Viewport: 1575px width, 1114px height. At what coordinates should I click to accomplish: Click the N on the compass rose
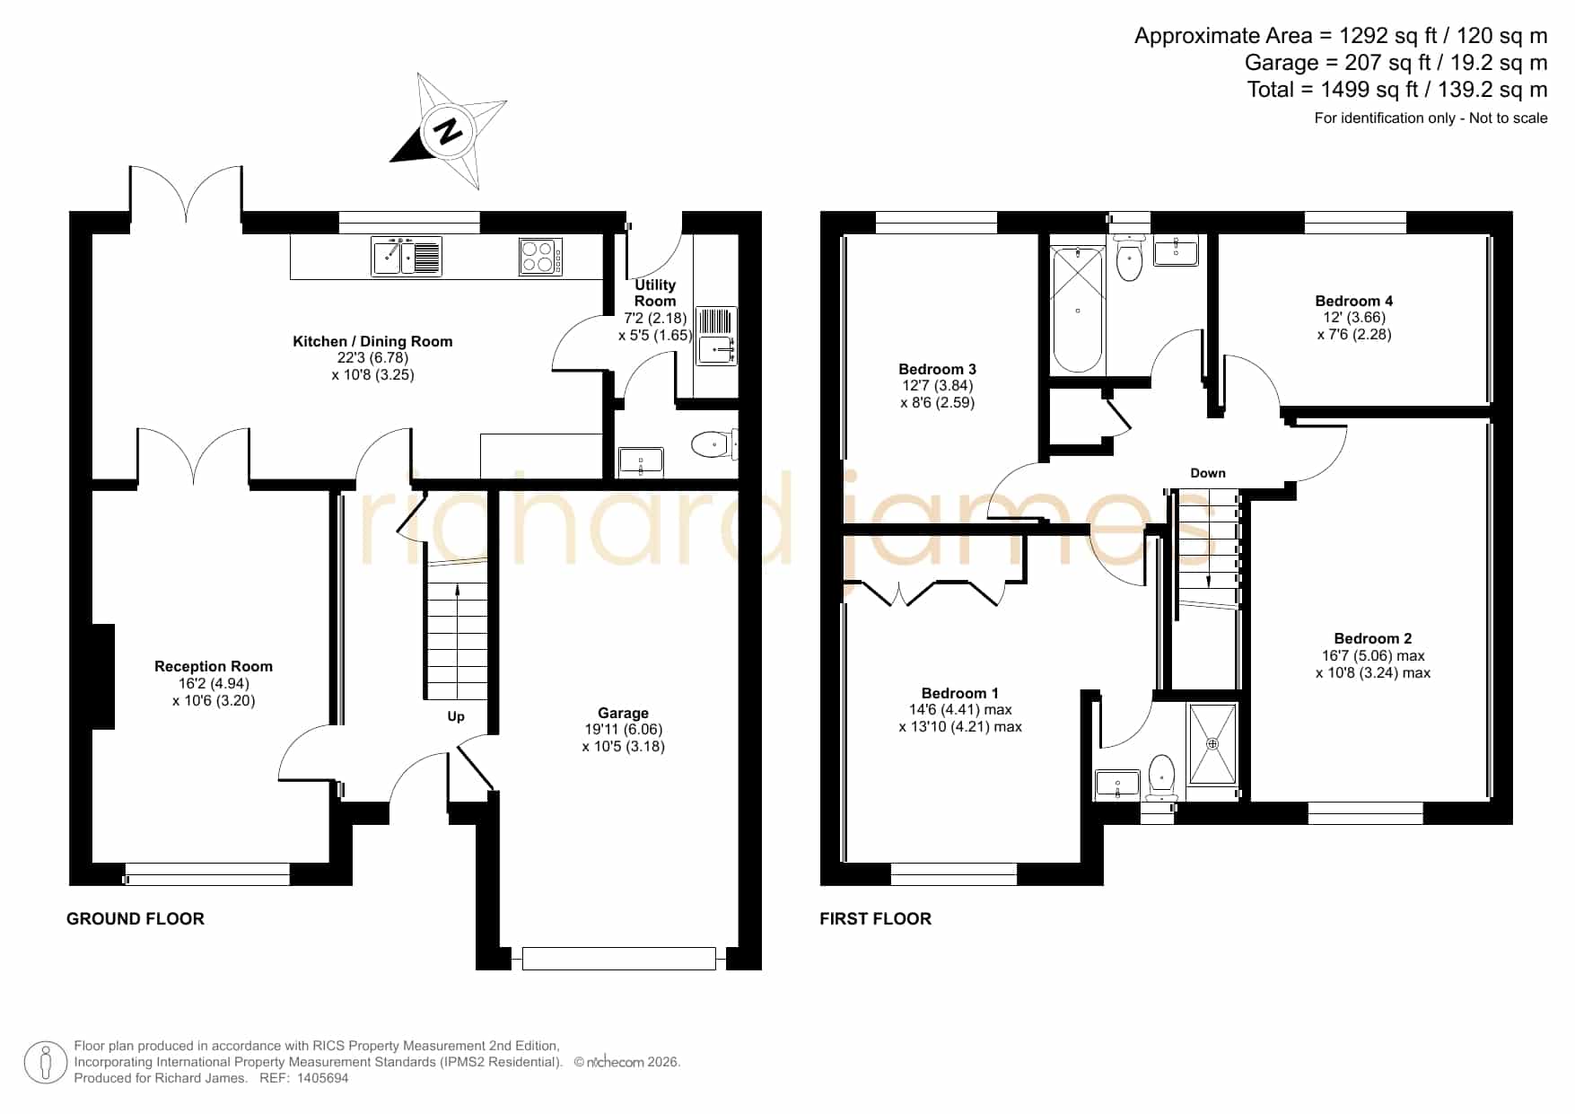tap(448, 131)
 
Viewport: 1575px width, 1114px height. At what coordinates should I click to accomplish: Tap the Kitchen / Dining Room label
tap(372, 341)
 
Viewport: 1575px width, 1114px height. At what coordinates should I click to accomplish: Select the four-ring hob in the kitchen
tap(541, 256)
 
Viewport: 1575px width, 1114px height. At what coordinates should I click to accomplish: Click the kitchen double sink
tap(407, 256)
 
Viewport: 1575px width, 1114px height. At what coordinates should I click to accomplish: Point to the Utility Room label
tap(655, 293)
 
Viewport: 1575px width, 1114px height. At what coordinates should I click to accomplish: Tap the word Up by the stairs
tap(456, 716)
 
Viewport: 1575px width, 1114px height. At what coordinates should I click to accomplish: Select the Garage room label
tap(623, 713)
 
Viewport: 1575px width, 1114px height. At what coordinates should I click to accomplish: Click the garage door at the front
tap(619, 959)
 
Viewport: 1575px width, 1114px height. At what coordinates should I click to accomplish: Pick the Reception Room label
tap(214, 666)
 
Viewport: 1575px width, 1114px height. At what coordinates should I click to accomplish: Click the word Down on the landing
tap(1208, 473)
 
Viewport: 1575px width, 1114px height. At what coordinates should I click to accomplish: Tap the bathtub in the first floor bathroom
tap(1077, 310)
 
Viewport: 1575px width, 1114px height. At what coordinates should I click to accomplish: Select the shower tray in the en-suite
tap(1212, 744)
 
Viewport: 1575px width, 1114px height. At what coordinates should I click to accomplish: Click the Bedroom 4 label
tap(1354, 301)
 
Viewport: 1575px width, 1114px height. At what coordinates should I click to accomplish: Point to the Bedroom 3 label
tap(937, 369)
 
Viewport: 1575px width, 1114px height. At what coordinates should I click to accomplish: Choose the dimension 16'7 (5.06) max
tap(1373, 655)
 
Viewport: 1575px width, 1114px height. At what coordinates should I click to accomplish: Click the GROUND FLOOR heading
tap(136, 918)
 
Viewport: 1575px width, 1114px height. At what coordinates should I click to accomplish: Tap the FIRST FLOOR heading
tap(876, 918)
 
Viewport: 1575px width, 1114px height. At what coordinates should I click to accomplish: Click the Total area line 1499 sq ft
tap(1397, 90)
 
